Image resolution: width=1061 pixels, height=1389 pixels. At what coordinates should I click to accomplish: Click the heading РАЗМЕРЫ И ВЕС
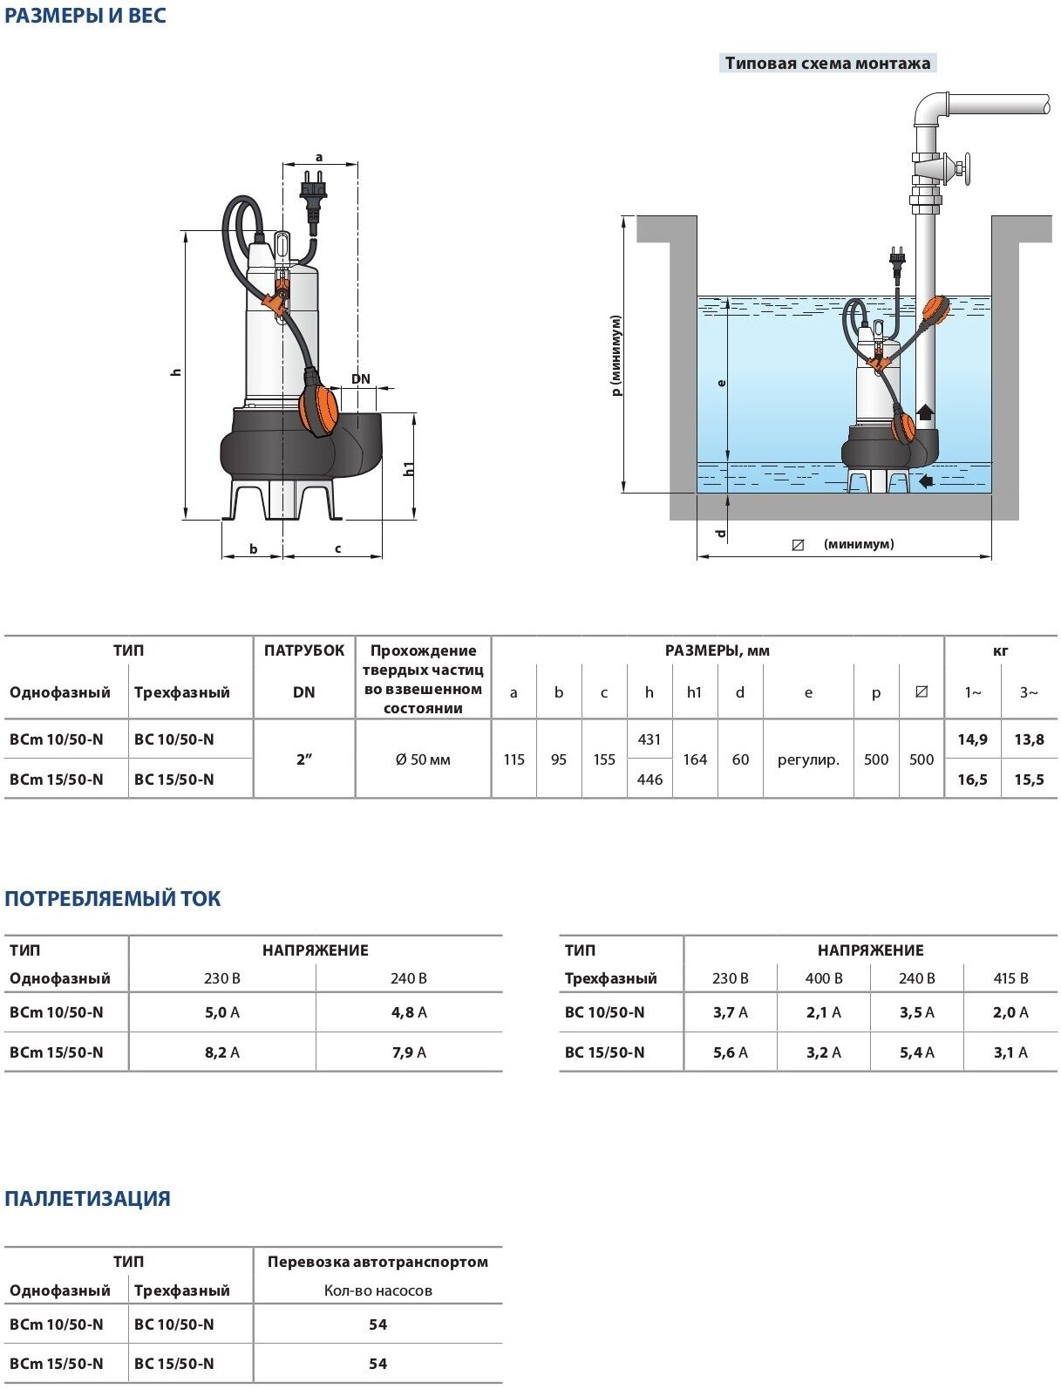(x=85, y=16)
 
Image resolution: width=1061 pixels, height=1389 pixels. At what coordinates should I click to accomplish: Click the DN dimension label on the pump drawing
(x=361, y=379)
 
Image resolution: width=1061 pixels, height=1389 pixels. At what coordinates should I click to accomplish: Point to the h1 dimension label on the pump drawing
(x=408, y=468)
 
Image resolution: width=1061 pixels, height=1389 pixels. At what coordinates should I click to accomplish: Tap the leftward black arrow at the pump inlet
(x=925, y=480)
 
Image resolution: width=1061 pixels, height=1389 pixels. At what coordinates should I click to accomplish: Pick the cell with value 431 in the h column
(x=650, y=739)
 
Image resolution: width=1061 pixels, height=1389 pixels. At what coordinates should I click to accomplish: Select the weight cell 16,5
(x=972, y=780)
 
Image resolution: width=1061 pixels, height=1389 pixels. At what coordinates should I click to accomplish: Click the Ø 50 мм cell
(x=423, y=759)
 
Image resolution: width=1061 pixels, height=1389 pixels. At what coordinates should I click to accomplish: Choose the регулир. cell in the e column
(x=808, y=759)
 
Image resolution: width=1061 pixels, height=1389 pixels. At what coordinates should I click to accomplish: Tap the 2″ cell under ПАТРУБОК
(x=303, y=759)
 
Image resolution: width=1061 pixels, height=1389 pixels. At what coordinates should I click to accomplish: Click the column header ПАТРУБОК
(x=304, y=650)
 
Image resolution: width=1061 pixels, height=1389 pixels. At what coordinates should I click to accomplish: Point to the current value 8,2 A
(x=222, y=1052)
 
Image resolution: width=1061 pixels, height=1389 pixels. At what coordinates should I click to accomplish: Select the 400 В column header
(x=824, y=978)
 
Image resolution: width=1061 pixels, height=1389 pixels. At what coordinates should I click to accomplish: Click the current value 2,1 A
(x=824, y=1012)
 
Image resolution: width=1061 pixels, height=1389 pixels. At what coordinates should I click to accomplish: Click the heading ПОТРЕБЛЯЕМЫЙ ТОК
(x=112, y=899)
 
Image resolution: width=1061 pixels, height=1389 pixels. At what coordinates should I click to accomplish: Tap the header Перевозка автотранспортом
(x=377, y=1262)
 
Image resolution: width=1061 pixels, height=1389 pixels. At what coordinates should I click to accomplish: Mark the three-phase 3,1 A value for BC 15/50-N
(x=1010, y=1052)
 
